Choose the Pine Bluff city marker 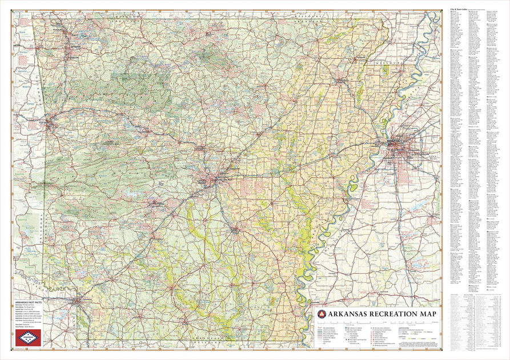click(x=234, y=230)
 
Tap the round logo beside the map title click(x=320, y=314)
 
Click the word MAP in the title click(x=426, y=314)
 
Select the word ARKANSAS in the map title click(x=344, y=314)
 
